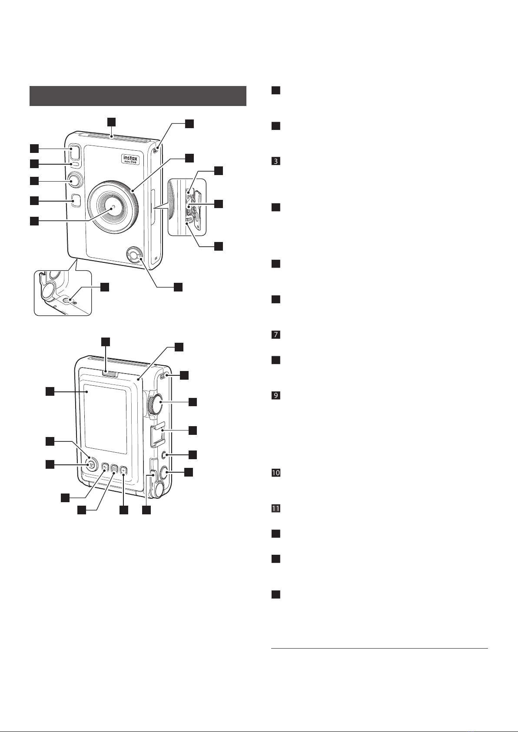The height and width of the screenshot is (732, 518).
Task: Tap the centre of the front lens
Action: tap(113, 207)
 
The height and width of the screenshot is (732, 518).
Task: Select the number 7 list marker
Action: tap(275, 335)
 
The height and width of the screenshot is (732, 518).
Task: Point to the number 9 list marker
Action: tap(275, 396)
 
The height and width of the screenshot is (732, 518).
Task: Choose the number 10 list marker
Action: tap(275, 473)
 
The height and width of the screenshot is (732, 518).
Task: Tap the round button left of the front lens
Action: tap(74, 180)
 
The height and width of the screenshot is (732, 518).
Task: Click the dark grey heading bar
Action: tap(138, 96)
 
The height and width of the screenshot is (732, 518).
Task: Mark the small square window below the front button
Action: tap(75, 200)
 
